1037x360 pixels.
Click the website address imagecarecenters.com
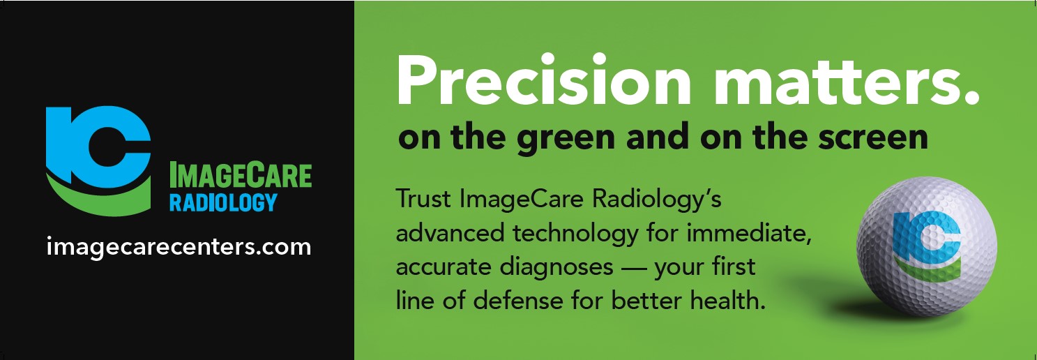179,247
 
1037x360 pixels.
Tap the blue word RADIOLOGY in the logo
223,203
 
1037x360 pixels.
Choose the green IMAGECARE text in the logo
241,176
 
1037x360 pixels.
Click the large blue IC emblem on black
97,143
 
